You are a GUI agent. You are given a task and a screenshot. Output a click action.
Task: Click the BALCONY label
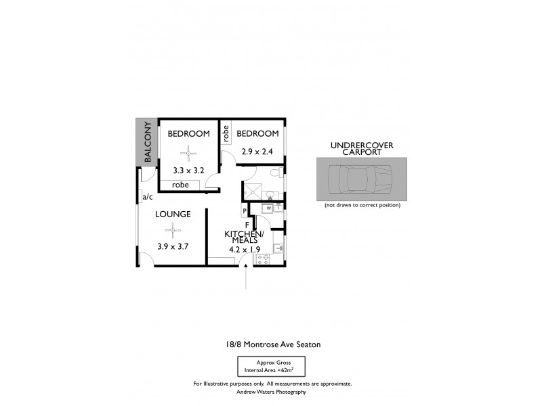click(146, 143)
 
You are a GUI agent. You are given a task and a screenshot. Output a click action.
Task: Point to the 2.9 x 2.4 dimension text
click(257, 152)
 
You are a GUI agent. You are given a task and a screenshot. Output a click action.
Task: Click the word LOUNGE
click(172, 214)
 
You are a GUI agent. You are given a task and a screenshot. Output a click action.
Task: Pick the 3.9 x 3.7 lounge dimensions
click(171, 246)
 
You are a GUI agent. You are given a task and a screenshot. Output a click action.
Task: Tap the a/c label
click(147, 198)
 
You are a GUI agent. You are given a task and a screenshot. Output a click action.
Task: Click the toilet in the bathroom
click(274, 175)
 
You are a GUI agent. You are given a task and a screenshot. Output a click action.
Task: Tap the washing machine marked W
click(268, 208)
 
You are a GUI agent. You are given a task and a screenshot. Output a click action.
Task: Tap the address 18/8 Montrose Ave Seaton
click(273, 344)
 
